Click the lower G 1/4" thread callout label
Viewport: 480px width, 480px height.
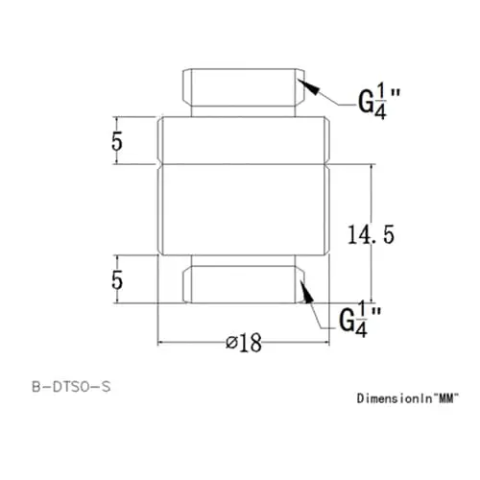click(361, 318)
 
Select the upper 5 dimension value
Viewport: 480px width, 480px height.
click(117, 140)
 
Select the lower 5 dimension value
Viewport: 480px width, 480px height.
click(117, 280)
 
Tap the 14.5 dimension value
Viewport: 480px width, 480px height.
click(370, 233)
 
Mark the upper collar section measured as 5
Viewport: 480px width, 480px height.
click(245, 140)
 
